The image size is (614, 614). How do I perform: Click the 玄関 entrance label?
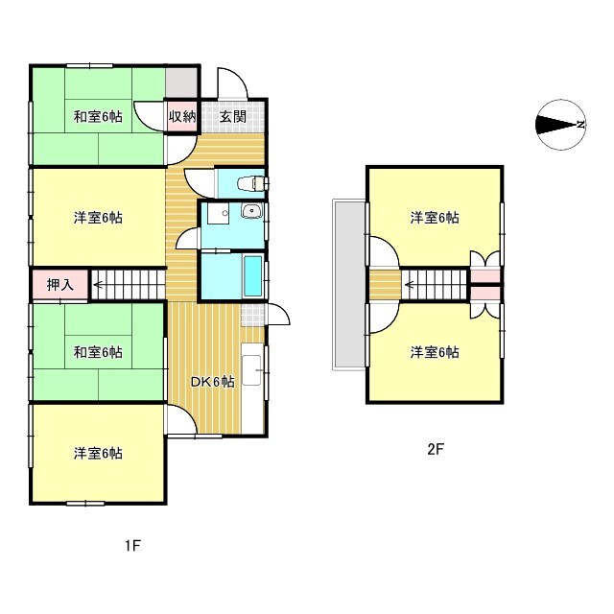click(231, 117)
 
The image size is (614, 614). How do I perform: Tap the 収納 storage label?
click(182, 117)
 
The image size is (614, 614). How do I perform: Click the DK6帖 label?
click(212, 382)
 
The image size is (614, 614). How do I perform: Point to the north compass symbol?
click(561, 125)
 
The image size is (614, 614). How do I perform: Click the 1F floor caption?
click(132, 547)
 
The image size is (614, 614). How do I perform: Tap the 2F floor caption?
click(435, 448)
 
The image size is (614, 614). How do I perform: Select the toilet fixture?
click(254, 182)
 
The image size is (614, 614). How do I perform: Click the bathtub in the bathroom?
click(253, 277)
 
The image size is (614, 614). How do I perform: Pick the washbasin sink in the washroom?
click(252, 213)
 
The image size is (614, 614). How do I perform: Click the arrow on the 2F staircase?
click(411, 283)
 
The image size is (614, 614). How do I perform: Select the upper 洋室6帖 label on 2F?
click(435, 218)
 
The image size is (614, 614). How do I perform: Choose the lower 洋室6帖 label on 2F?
click(435, 352)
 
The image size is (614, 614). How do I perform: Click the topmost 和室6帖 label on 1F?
click(98, 117)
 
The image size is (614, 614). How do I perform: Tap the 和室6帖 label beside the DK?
click(98, 352)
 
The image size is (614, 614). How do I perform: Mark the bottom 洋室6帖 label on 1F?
click(98, 453)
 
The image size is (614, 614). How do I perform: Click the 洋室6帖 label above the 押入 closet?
click(98, 218)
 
